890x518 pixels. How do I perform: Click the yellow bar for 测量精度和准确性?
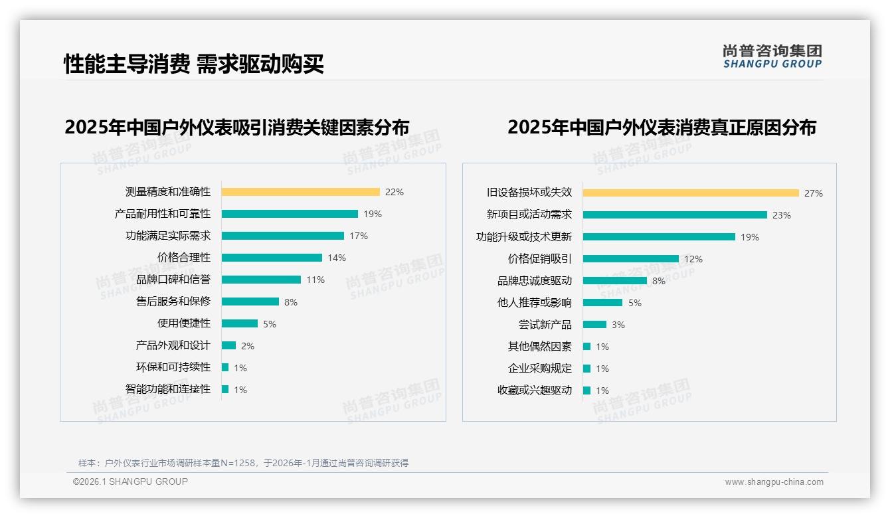pos(300,192)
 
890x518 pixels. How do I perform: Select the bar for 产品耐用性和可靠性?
pos(290,214)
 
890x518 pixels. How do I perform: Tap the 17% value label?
pos(359,236)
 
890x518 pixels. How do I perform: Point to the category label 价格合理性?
pos(184,258)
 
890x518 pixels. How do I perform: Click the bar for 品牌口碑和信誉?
pos(261,280)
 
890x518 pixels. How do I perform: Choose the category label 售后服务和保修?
pos(173,302)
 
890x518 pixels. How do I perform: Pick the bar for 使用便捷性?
pos(240,323)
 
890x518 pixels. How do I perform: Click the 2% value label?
pos(248,346)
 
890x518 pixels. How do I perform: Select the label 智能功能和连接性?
pos(168,389)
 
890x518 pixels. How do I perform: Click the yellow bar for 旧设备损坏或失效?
pos(691,193)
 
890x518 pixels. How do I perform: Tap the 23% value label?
pos(782,215)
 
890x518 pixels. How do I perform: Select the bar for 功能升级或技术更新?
pos(659,237)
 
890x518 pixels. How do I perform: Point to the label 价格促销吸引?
pos(540,259)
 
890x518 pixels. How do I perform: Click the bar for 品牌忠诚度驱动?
pos(615,281)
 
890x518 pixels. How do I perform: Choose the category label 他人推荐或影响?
pos(535,303)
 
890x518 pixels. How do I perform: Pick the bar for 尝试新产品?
pos(595,325)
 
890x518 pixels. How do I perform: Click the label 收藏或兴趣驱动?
pos(535,390)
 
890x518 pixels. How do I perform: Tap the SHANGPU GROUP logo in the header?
pos(772,56)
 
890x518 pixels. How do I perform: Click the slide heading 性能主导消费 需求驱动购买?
pos(194,64)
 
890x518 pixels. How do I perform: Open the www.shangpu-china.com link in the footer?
pos(774,482)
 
